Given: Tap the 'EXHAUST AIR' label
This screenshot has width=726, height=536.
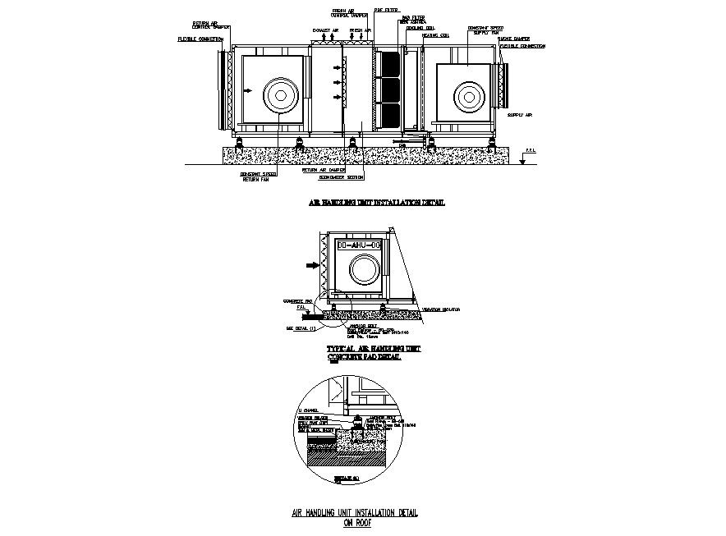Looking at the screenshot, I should [x=324, y=30].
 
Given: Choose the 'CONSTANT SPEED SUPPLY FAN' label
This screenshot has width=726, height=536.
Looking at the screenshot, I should [x=480, y=30].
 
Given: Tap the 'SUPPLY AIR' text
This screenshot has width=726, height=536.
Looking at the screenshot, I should [x=520, y=116].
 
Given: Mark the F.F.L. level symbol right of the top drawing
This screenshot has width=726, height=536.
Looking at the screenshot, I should [x=526, y=154].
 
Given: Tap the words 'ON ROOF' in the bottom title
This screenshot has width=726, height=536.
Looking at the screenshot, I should [x=356, y=520].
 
